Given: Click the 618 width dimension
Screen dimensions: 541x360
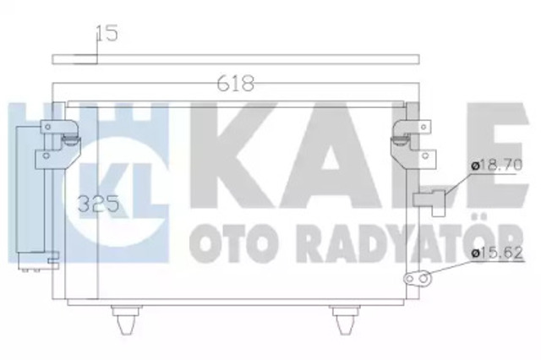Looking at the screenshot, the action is (x=236, y=84).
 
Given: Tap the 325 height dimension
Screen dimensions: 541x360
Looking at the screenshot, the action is (x=98, y=204).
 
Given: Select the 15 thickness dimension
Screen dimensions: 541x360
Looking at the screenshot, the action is (x=107, y=33).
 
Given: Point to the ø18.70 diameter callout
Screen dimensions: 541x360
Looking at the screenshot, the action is (x=497, y=166).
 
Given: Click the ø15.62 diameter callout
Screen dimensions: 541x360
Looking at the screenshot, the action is (x=497, y=254).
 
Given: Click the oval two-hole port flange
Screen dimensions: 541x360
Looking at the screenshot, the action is (x=417, y=278).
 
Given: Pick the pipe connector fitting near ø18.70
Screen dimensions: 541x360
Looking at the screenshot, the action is (x=430, y=201).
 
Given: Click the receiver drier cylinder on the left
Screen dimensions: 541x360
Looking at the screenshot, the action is (x=30, y=194).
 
